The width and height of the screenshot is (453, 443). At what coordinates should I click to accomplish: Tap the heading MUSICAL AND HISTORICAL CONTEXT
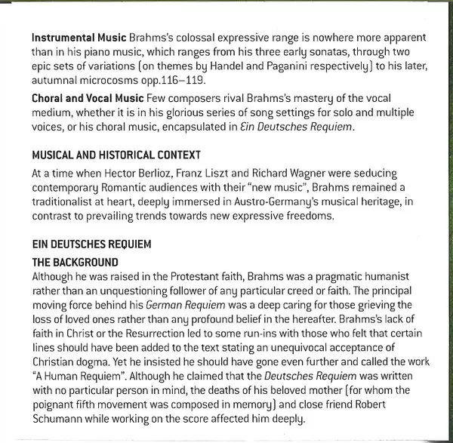[x=116, y=155]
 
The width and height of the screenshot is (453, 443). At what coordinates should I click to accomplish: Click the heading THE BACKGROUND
[x=75, y=262]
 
